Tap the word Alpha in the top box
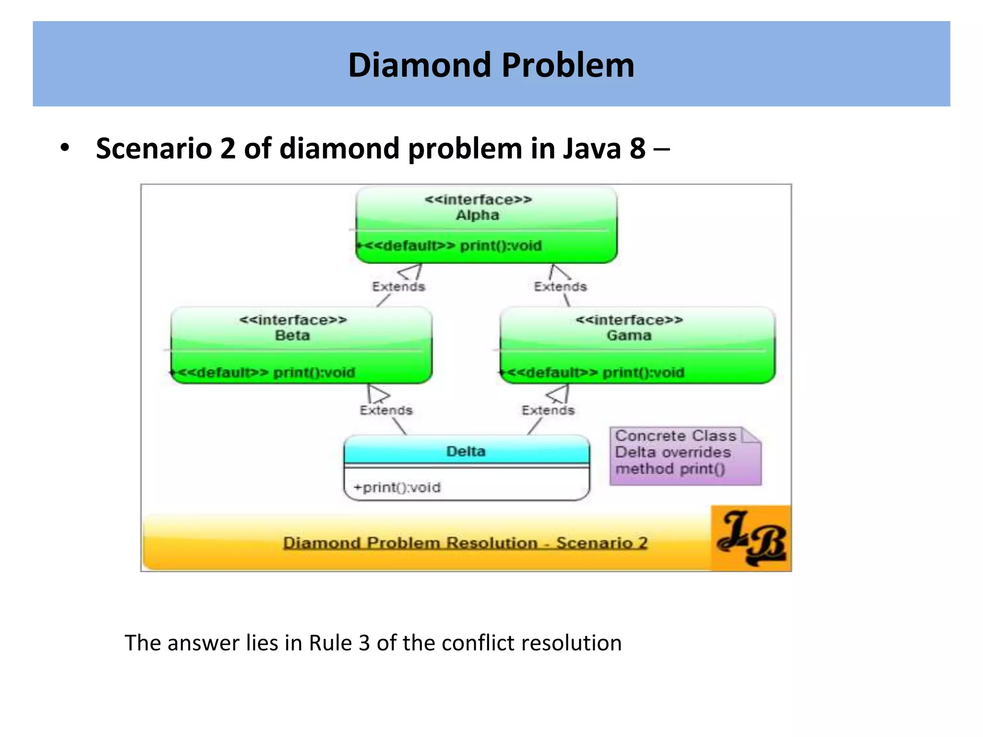click(x=478, y=215)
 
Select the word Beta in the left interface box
click(x=292, y=335)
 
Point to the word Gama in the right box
click(x=629, y=335)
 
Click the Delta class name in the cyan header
click(x=466, y=451)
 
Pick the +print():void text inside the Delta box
click(x=397, y=487)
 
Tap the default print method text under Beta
click(x=266, y=372)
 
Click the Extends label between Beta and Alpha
click(x=398, y=286)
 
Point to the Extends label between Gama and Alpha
click(x=560, y=286)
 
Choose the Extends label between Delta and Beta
click(x=386, y=410)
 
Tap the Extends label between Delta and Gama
click(x=548, y=410)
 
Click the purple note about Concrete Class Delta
click(x=685, y=456)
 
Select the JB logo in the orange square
click(x=751, y=538)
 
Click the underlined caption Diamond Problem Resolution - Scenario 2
click(x=465, y=543)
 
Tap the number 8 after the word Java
click(x=637, y=148)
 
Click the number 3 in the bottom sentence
click(x=364, y=643)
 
